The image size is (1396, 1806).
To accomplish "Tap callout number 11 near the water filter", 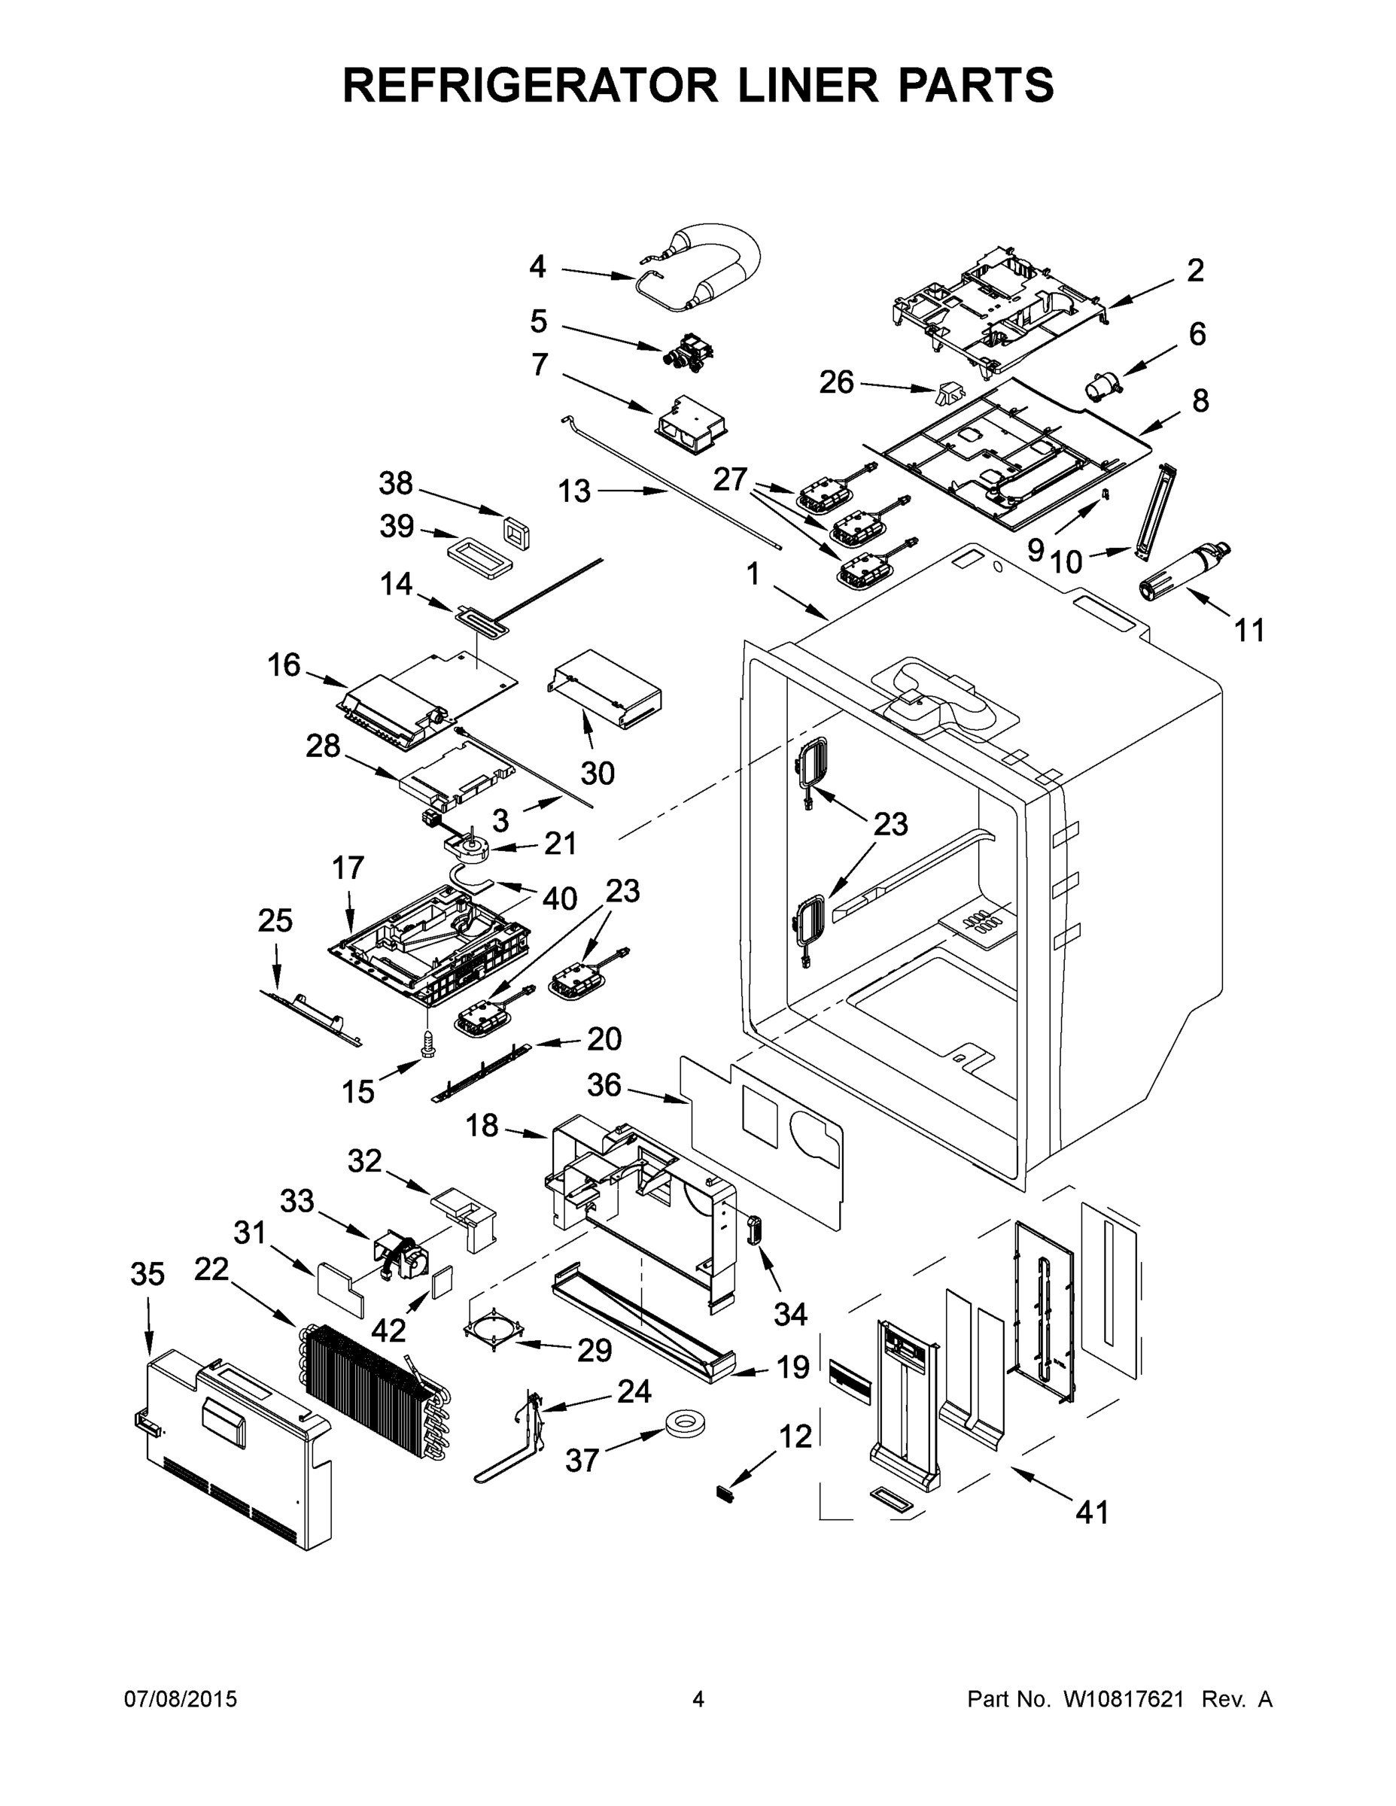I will [1248, 630].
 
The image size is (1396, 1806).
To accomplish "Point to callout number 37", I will [582, 1461].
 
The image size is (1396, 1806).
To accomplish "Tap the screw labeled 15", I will [427, 1044].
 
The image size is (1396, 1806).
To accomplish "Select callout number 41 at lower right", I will [1092, 1513].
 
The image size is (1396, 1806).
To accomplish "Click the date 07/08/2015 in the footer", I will [181, 1698].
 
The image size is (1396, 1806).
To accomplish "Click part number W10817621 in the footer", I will [1123, 1698].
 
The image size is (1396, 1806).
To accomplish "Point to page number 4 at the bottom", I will [698, 1698].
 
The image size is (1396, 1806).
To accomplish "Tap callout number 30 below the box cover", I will [597, 773].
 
